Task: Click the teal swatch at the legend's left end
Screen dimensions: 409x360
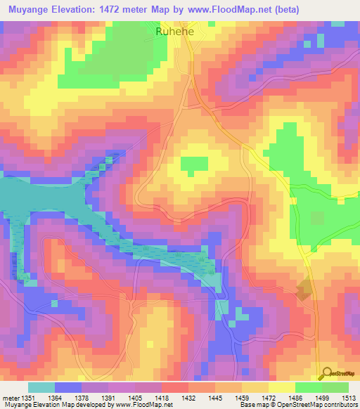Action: point(41,387)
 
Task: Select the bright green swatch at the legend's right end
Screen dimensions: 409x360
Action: point(335,387)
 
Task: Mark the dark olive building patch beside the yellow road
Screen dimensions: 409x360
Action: point(304,289)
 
